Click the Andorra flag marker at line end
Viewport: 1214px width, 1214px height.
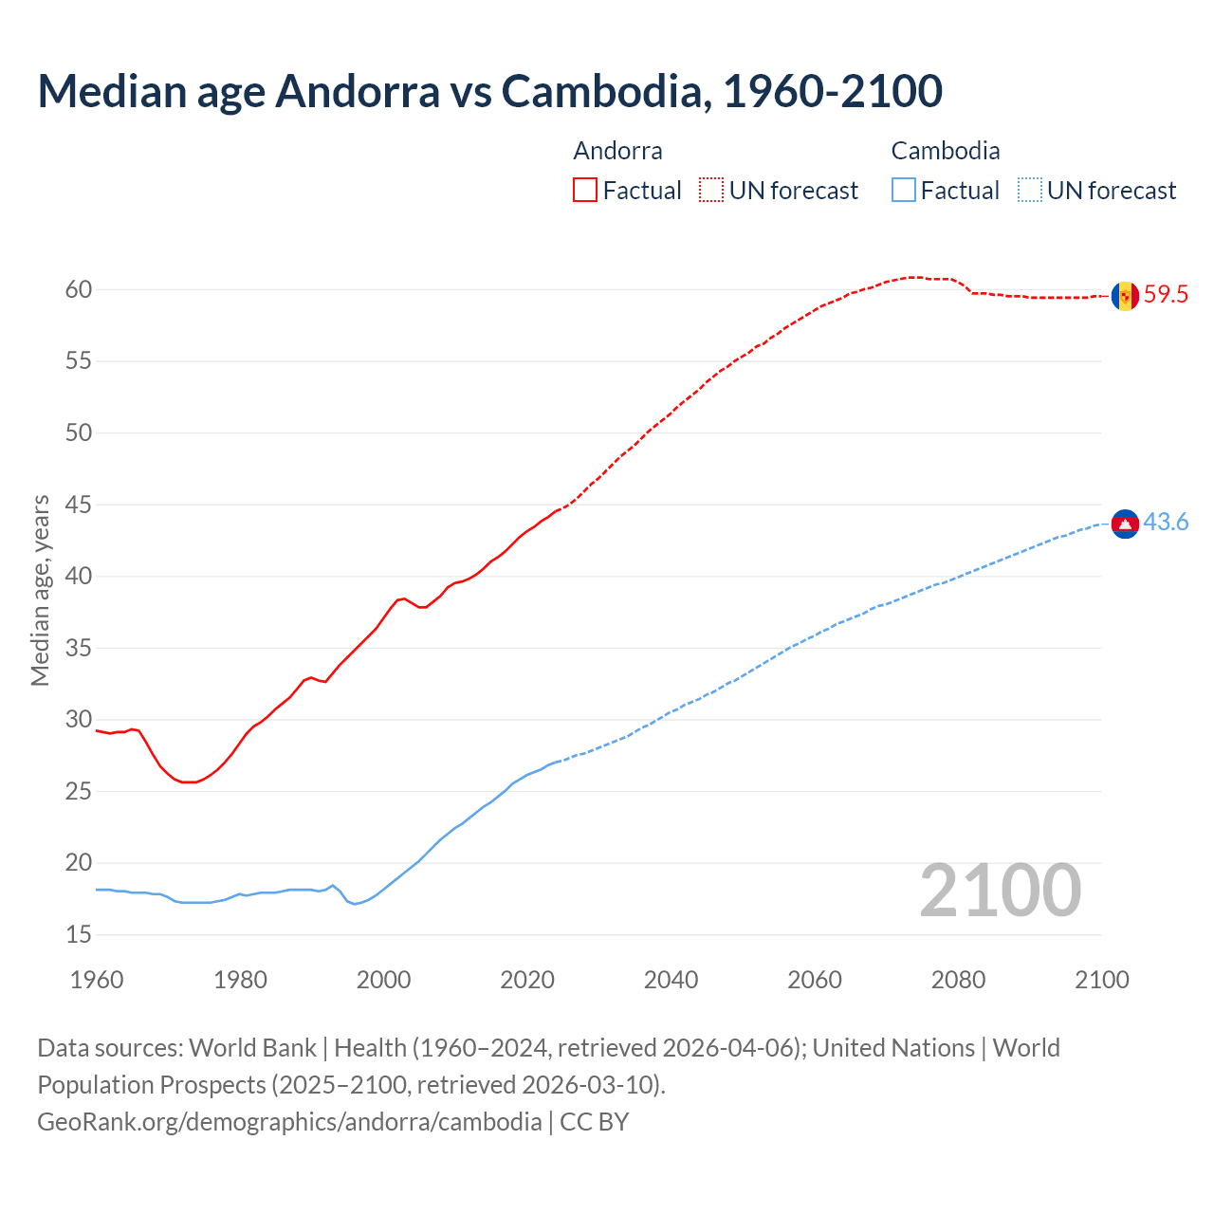pyautogui.click(x=1125, y=296)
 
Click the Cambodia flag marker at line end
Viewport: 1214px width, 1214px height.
pyautogui.click(x=1125, y=524)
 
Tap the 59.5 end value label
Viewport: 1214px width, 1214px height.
pyautogui.click(x=1166, y=295)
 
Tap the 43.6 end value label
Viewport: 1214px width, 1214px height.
pyautogui.click(x=1166, y=523)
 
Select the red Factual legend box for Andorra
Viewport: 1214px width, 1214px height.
pyautogui.click(x=585, y=191)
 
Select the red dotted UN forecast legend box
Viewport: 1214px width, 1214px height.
pyautogui.click(x=711, y=191)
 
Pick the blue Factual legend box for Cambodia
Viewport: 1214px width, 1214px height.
pyautogui.click(x=903, y=191)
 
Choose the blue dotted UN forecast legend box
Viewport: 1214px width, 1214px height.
pyautogui.click(x=1029, y=191)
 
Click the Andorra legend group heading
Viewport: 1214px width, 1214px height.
pyautogui.click(x=617, y=151)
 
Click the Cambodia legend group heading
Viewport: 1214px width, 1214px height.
pyautogui.click(x=945, y=151)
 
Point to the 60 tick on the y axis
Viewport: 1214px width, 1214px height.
pyautogui.click(x=79, y=290)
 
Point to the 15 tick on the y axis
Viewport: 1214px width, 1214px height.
pyautogui.click(x=79, y=935)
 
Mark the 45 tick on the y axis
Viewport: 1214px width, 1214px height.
pyautogui.click(x=79, y=506)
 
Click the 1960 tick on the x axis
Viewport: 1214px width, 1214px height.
pyautogui.click(x=97, y=980)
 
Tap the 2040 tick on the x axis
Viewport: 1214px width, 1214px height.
pyautogui.click(x=671, y=980)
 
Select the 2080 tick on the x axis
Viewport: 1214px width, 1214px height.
pyautogui.click(x=958, y=980)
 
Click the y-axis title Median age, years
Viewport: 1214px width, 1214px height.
pyautogui.click(x=40, y=590)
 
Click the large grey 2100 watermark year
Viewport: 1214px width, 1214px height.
pyautogui.click(x=1000, y=891)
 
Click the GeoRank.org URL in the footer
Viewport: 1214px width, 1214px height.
pyautogui.click(x=289, y=1122)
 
